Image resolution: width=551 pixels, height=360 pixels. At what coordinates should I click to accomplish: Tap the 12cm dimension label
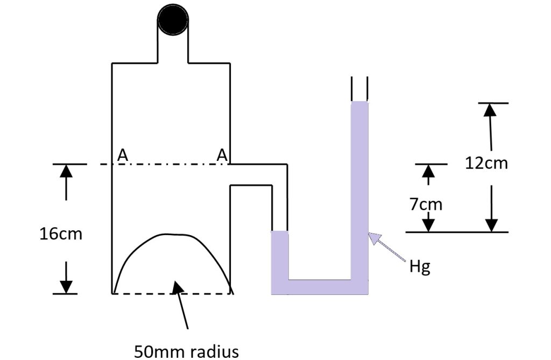point(486,163)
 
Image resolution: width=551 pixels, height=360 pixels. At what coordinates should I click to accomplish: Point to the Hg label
point(420,267)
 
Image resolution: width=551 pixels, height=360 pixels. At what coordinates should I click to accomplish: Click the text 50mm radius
point(186,351)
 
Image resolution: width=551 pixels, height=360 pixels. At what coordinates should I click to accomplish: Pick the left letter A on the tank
point(123,155)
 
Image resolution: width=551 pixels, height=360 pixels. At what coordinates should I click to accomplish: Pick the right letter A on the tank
point(222,155)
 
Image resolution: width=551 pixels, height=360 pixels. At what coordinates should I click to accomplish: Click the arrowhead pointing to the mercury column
point(375,237)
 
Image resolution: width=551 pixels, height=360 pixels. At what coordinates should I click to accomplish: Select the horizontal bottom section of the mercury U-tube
point(320,287)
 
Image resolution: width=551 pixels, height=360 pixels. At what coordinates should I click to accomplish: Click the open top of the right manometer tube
point(359,89)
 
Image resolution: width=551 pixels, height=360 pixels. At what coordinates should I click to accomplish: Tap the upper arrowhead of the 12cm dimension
point(489,109)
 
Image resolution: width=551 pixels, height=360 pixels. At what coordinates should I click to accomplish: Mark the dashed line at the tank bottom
point(172,294)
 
